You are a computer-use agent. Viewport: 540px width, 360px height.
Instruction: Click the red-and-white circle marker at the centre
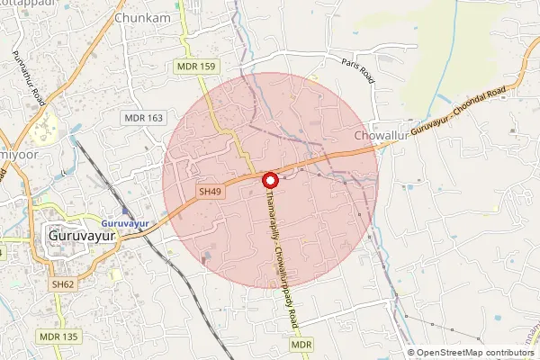(270, 180)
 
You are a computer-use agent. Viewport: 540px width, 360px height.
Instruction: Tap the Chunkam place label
(143, 17)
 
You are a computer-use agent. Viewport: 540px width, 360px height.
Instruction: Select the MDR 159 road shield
(195, 66)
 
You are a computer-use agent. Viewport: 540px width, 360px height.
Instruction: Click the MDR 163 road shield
(143, 118)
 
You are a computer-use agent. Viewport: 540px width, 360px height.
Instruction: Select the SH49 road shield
(210, 192)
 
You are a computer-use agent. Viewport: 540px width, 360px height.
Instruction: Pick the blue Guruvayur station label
(123, 222)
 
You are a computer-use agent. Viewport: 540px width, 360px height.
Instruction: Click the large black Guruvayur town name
(81, 238)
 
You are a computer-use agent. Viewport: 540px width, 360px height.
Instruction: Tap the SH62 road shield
(61, 283)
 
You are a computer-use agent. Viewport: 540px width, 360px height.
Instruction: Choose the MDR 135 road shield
(58, 336)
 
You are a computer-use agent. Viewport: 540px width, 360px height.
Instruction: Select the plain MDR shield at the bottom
(301, 345)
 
